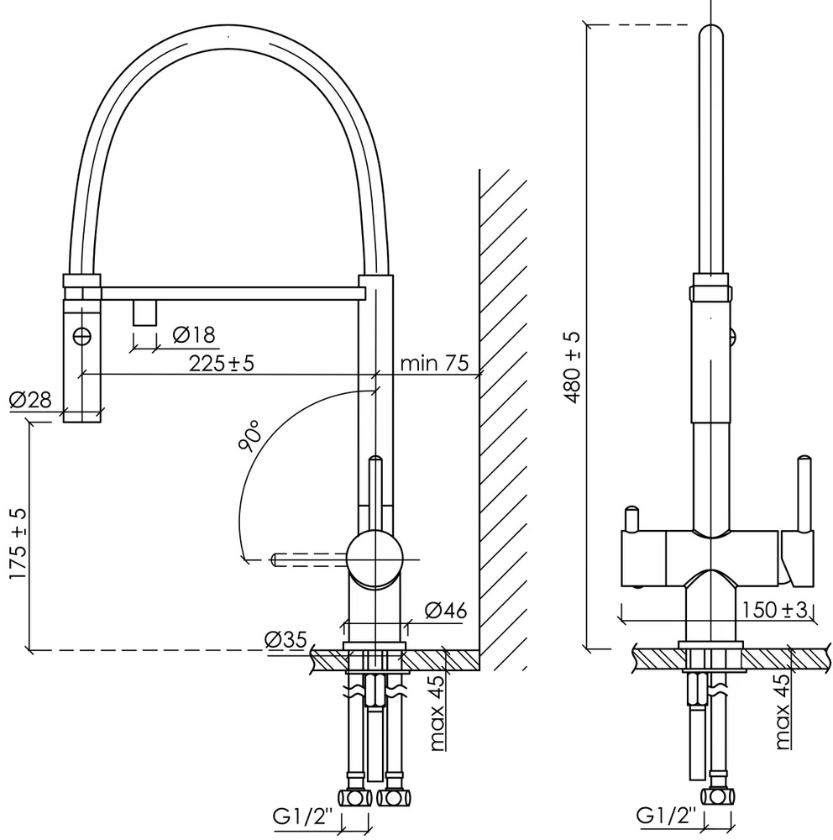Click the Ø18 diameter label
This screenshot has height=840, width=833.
pos(194,335)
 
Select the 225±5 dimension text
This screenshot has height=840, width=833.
pos(222,363)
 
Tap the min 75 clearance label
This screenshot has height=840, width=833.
pos(434,363)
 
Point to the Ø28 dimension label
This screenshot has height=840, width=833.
pos(30,400)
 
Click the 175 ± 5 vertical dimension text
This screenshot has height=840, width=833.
pos(18,543)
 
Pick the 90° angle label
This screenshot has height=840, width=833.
pos(250,435)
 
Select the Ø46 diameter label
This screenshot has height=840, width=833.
pos(446,610)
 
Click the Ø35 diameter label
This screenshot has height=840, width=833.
pos(286,639)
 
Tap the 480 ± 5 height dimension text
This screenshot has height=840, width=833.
pos(572,368)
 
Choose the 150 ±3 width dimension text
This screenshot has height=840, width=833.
pos(775,610)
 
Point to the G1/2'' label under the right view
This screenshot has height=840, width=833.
pos(667,816)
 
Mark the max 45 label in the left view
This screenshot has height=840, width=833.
pos(437,712)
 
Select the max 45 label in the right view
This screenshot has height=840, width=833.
pos(782,711)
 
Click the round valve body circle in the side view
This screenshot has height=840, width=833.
pos(375,559)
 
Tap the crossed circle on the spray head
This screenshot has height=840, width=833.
pos(82,337)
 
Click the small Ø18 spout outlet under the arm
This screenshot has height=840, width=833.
pos(144,312)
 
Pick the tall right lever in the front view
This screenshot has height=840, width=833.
pos(804,494)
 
